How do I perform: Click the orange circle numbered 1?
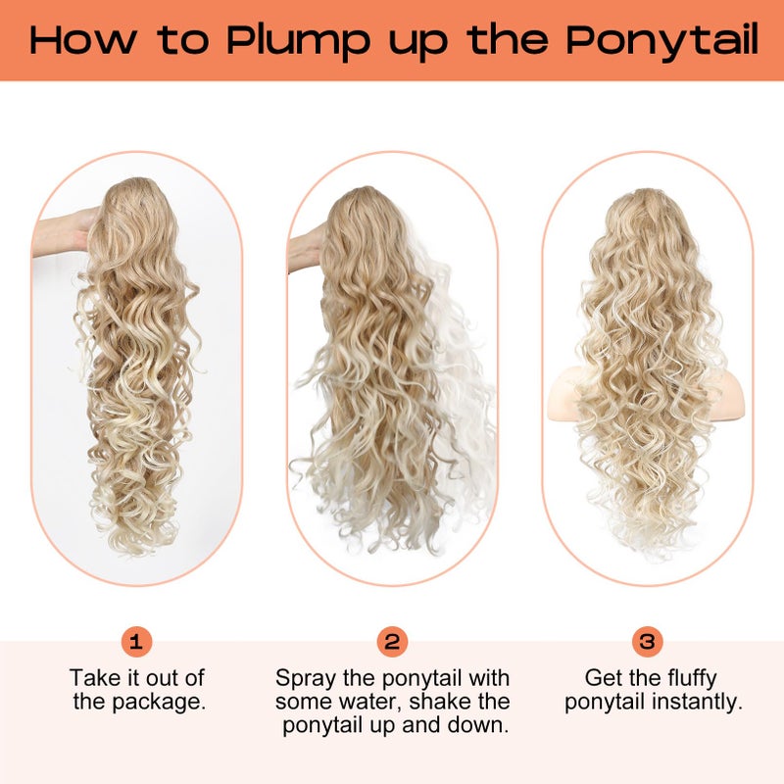[137, 642]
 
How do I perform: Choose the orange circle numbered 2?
[392, 642]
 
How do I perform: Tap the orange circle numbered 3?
[647, 642]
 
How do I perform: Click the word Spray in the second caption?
[302, 678]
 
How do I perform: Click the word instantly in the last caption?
[698, 703]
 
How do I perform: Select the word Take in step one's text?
[91, 678]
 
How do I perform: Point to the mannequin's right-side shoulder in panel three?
[723, 392]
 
